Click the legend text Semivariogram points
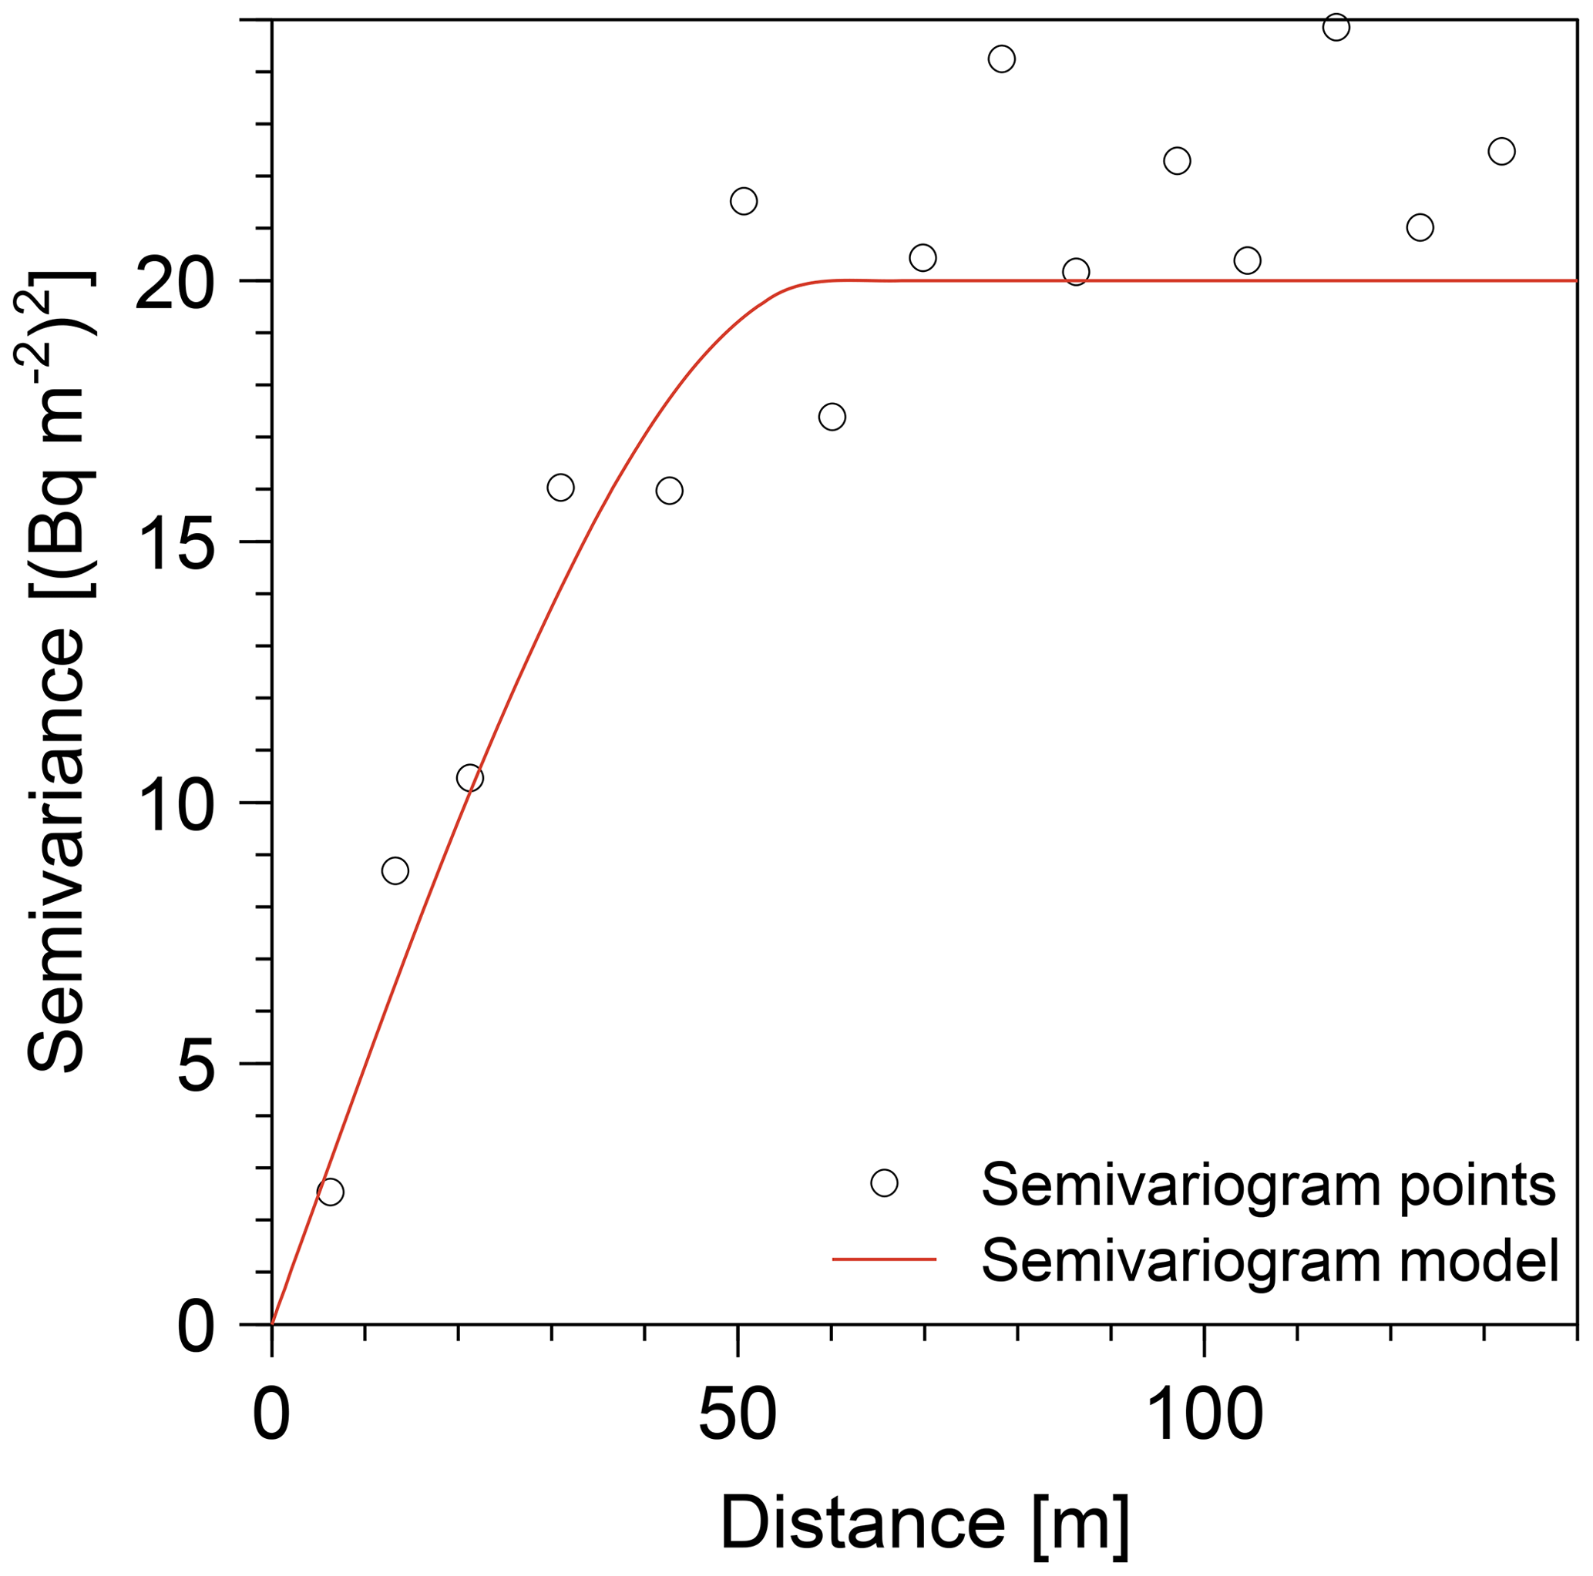point(1268,1185)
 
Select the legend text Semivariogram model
point(1270,1259)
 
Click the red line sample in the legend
point(884,1259)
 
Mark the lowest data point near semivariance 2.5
point(330,1192)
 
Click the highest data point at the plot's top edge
point(1336,27)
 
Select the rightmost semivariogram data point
point(1501,152)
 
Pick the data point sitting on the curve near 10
point(470,777)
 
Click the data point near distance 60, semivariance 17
point(832,417)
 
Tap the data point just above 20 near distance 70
point(923,258)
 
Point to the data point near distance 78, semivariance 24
point(1001,59)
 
